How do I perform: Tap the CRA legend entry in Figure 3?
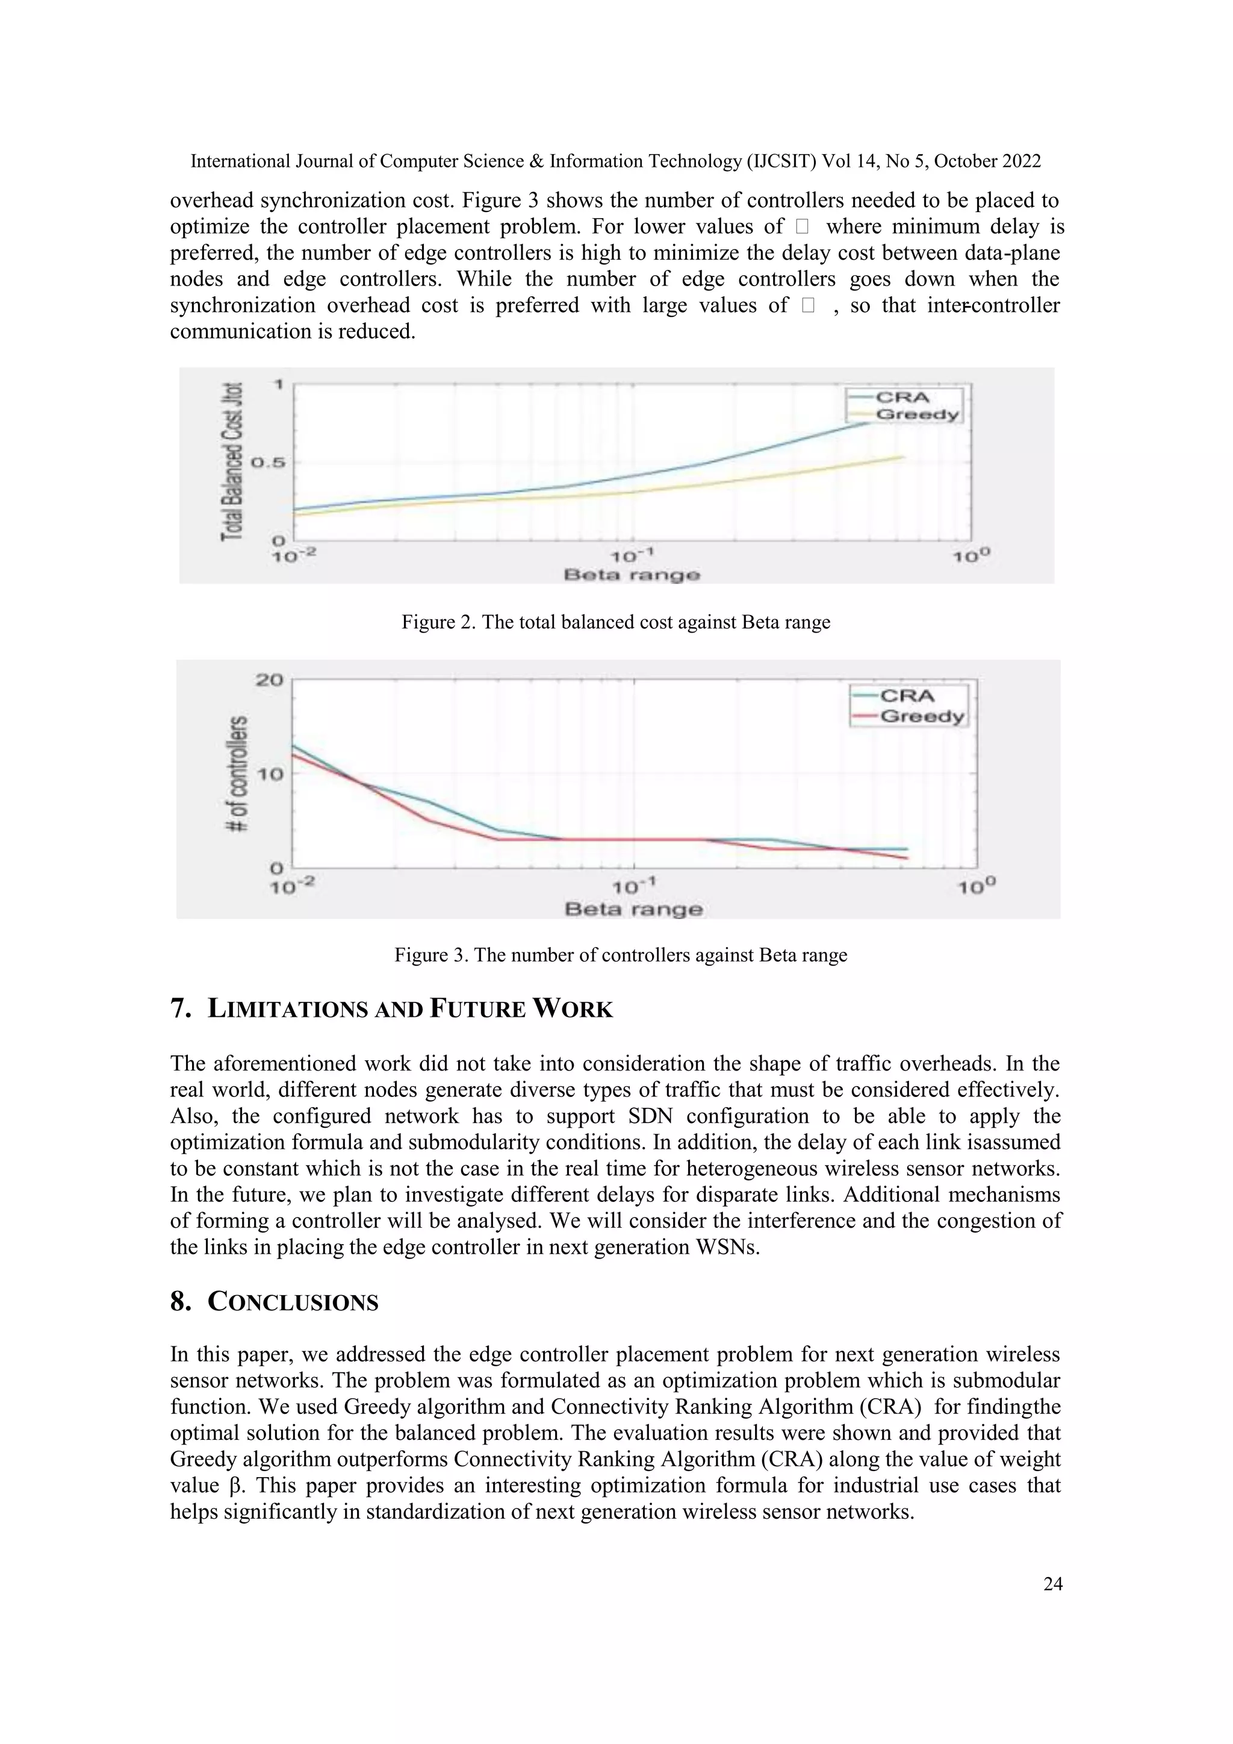tap(907, 696)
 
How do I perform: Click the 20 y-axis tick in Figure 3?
tap(269, 680)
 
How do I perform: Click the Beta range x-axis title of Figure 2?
tap(632, 575)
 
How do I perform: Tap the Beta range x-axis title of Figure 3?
tap(633, 909)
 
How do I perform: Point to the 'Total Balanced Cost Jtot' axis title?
tap(232, 462)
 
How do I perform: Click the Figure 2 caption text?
tap(616, 622)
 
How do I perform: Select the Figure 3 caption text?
tap(620, 955)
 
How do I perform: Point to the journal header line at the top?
tap(616, 161)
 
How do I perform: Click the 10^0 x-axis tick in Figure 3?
tap(975, 886)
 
